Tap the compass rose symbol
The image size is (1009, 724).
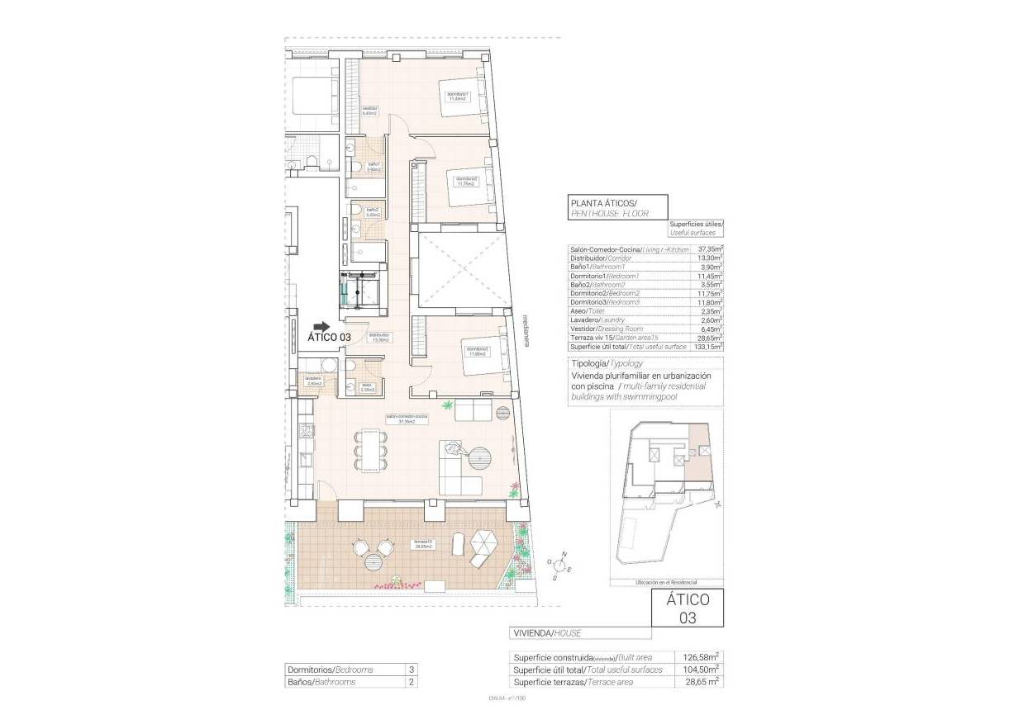pos(560,565)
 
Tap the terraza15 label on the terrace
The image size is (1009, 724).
pos(424,544)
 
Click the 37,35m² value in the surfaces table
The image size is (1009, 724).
pos(710,248)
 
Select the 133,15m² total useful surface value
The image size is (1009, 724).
pos(708,346)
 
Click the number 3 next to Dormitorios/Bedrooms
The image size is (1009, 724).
pos(410,670)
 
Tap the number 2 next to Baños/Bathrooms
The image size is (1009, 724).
pos(410,682)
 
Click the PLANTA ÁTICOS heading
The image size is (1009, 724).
pos(603,203)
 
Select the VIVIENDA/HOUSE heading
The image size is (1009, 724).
pos(547,633)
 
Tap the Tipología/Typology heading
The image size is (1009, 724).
pos(607,363)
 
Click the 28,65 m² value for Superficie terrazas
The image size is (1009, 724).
pos(699,682)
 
